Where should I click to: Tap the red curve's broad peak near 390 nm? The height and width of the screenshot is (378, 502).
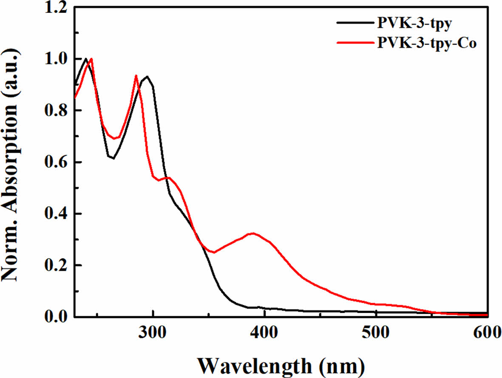[x=253, y=233]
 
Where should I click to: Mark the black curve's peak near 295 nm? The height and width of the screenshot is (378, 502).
[x=147, y=77]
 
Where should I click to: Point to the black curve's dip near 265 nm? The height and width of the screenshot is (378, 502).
[x=113, y=159]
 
